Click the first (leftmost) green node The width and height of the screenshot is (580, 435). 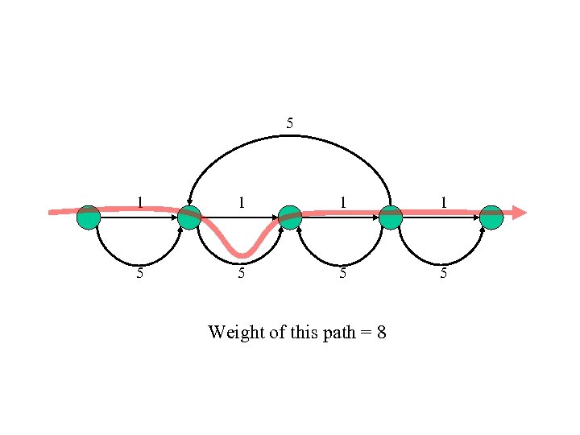click(89, 217)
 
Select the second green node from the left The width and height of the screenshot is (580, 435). click(188, 217)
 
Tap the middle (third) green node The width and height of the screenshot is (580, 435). click(290, 217)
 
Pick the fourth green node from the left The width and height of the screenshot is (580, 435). click(391, 217)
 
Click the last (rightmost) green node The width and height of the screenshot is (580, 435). click(491, 217)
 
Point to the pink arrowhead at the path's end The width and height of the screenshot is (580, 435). click(520, 213)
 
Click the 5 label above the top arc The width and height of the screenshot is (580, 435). click(290, 123)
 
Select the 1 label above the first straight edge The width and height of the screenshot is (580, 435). click(140, 202)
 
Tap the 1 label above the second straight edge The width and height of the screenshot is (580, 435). click(241, 202)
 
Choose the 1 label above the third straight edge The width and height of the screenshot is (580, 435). click(342, 202)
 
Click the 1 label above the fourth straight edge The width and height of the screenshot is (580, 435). click(443, 202)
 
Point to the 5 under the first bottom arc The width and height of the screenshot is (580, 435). click(140, 273)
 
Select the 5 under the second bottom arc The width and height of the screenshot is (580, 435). click(241, 273)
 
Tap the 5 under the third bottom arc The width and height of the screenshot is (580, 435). click(342, 273)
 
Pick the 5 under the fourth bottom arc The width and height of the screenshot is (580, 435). click(443, 273)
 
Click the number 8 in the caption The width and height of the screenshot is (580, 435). click(381, 332)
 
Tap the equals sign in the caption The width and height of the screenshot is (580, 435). click(366, 333)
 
